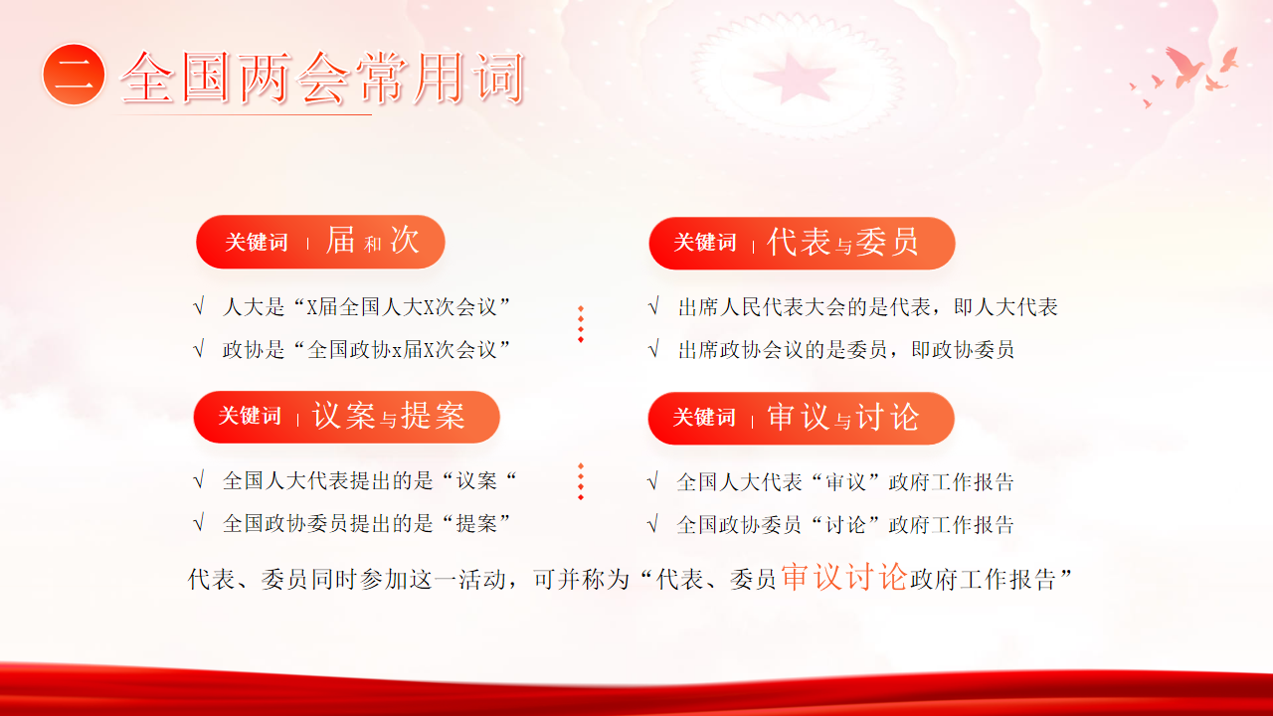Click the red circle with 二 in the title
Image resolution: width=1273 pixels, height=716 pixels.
74,75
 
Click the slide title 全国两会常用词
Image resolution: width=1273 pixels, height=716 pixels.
321,78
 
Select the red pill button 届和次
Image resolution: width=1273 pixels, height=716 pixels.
320,242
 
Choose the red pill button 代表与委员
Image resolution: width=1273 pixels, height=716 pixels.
802,244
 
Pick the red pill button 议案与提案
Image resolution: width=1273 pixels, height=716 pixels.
347,417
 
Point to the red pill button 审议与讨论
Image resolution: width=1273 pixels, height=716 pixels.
802,419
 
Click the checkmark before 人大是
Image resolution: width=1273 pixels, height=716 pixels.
199,307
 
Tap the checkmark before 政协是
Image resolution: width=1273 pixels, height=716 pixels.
199,349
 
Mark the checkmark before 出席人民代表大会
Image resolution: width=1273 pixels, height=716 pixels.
653,307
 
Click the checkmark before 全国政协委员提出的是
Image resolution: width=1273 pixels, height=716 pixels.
199,523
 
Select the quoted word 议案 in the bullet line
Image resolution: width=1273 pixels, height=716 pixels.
476,480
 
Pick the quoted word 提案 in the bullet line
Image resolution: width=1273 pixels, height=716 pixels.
476,523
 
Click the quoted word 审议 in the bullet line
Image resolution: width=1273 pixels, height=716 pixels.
845,482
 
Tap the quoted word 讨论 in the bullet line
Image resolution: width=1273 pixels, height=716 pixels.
845,524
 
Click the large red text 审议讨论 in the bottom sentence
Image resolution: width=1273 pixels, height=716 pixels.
844,577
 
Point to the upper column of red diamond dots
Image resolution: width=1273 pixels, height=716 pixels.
581,324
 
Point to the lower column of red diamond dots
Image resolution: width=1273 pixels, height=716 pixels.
581,482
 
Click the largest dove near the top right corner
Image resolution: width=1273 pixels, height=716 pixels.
1184,67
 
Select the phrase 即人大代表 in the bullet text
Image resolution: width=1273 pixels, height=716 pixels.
1005,307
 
